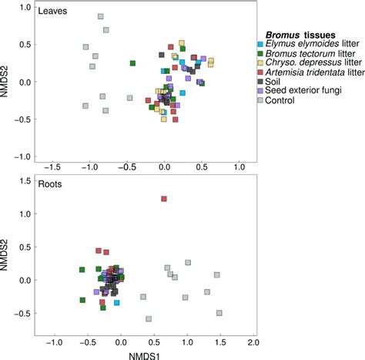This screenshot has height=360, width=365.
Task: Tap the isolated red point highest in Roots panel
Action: point(164,199)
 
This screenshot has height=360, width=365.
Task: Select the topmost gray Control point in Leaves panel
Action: point(101,16)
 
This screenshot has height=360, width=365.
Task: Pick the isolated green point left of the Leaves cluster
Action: point(132,63)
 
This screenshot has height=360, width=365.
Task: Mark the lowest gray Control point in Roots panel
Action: point(149,318)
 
